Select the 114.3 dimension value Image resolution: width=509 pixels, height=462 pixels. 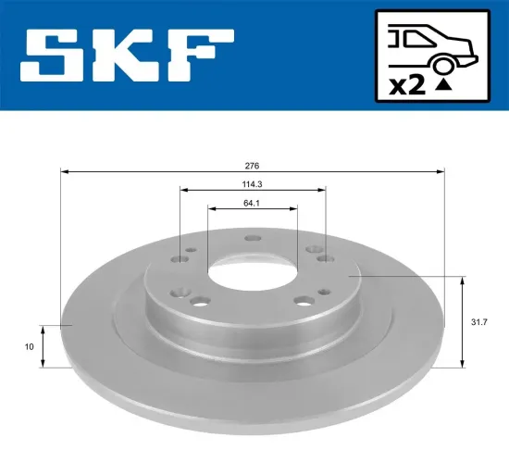pyautogui.click(x=253, y=184)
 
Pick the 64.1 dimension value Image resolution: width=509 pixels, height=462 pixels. pyautogui.click(x=253, y=203)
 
